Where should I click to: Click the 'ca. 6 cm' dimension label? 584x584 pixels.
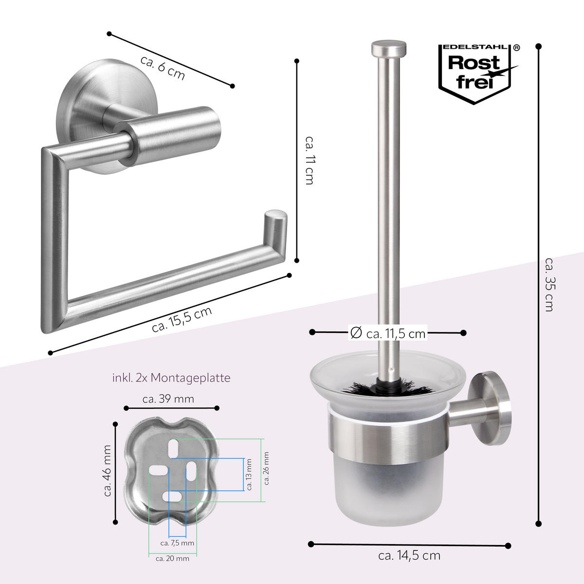tap(163, 68)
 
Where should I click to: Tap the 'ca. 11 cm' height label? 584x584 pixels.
tap(310, 160)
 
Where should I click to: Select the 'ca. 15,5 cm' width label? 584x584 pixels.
tap(182, 320)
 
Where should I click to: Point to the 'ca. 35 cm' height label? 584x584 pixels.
tap(549, 285)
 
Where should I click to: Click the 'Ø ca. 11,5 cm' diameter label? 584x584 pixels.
tap(387, 333)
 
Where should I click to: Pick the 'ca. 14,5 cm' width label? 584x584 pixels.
tap(409, 555)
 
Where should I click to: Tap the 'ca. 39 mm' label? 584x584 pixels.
tap(168, 399)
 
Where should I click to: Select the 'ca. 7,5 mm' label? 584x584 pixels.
tap(177, 543)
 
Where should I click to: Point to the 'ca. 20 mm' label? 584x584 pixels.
tap(172, 558)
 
